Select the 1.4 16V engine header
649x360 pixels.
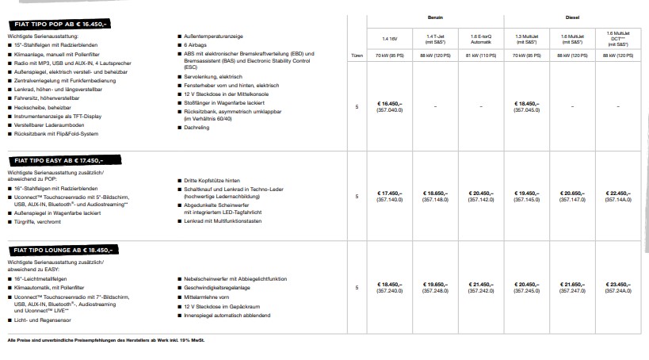pos(389,37)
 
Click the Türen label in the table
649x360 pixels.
pos(357,56)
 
